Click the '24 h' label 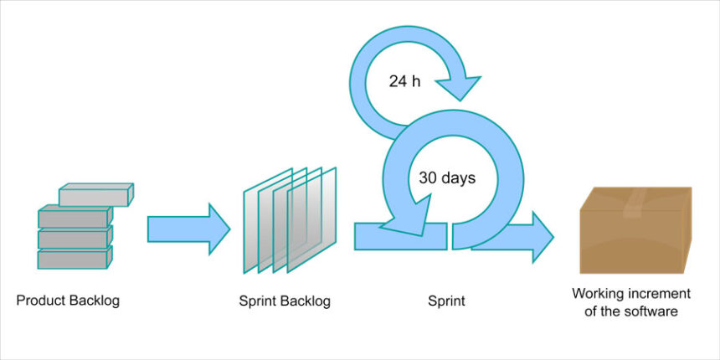click(x=404, y=82)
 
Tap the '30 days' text click(x=447, y=177)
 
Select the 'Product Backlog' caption click(x=68, y=301)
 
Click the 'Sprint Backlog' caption click(x=285, y=301)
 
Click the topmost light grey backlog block click(x=95, y=195)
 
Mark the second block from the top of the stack click(x=74, y=218)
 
